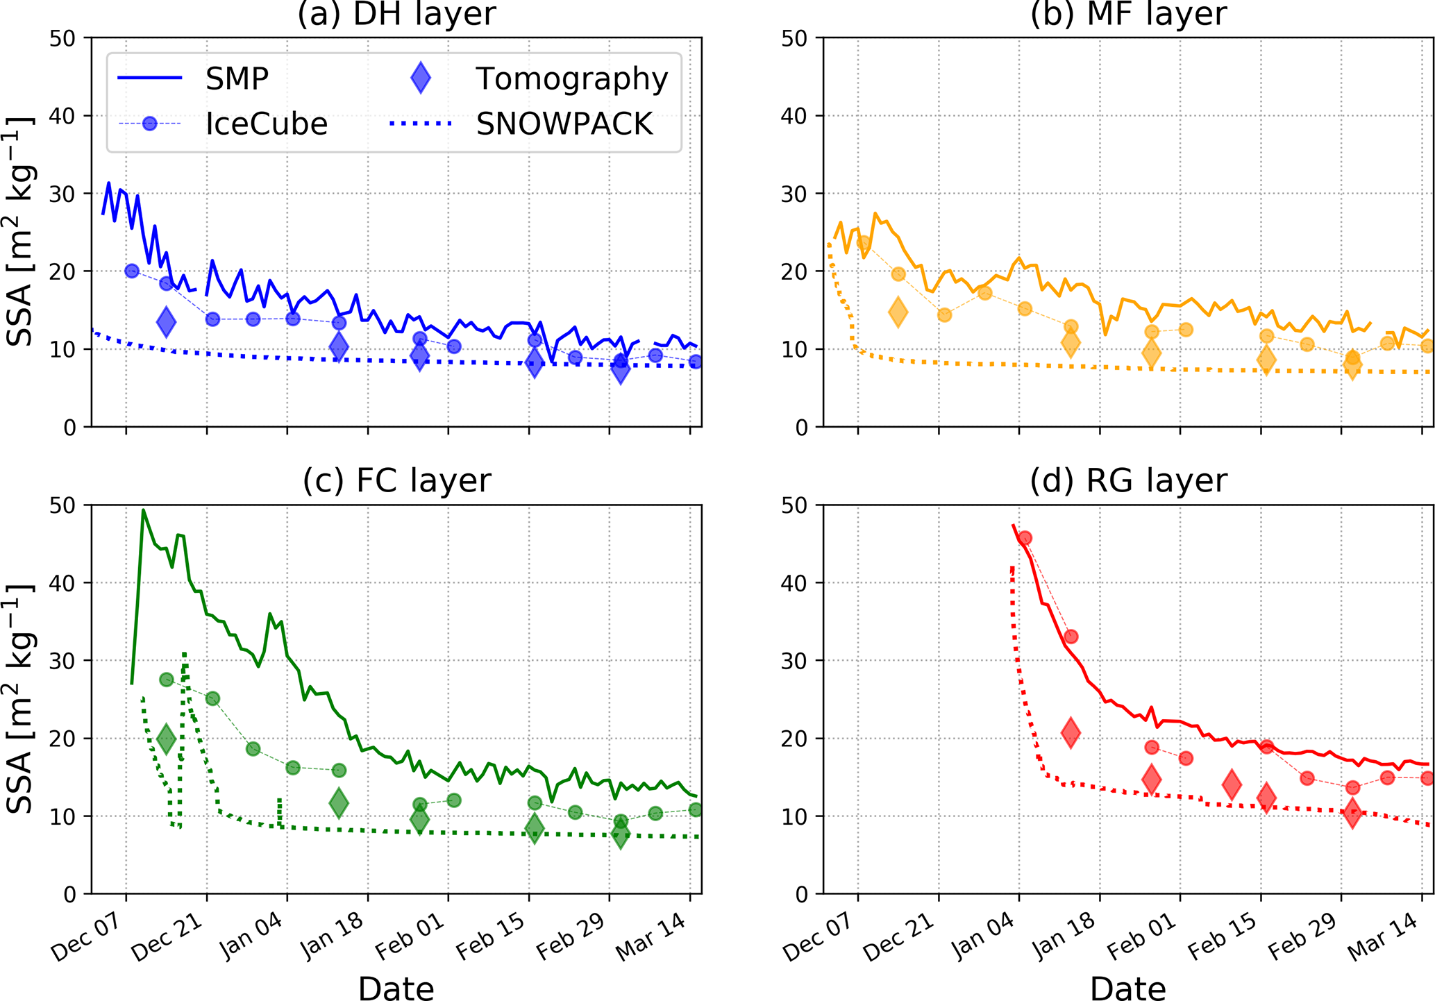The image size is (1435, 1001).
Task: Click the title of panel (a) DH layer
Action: point(396,14)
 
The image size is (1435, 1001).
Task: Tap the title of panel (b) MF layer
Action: point(1128,14)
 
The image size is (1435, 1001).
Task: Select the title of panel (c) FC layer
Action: point(396,480)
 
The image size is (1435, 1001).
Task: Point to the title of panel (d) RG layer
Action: point(1128,480)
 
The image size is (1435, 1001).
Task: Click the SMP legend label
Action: point(237,79)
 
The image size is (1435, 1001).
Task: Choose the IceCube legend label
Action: point(266,124)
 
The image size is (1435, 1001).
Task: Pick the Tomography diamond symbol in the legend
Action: point(421,78)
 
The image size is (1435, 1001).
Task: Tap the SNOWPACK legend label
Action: point(564,124)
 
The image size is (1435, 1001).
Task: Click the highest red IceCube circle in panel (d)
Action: point(1025,538)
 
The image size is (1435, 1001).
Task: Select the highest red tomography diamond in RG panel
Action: point(1071,732)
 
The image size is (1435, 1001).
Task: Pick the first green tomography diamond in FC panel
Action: point(166,739)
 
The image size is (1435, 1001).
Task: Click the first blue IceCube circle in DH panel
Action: point(132,271)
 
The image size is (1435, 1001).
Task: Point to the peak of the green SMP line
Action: point(144,510)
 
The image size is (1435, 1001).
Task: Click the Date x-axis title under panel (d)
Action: point(1128,989)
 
